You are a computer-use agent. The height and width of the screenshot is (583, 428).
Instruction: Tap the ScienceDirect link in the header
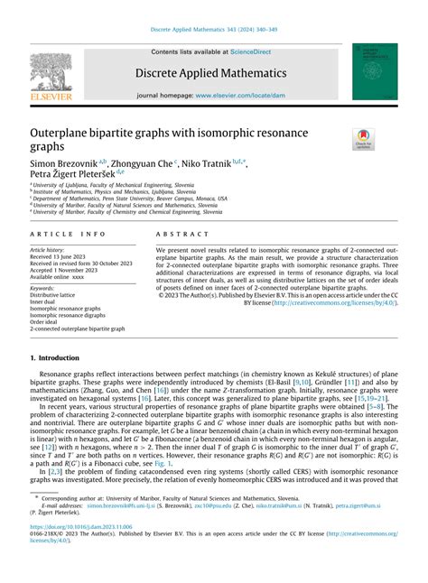click(x=256, y=52)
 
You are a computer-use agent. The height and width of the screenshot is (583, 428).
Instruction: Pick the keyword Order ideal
click(x=50, y=322)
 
